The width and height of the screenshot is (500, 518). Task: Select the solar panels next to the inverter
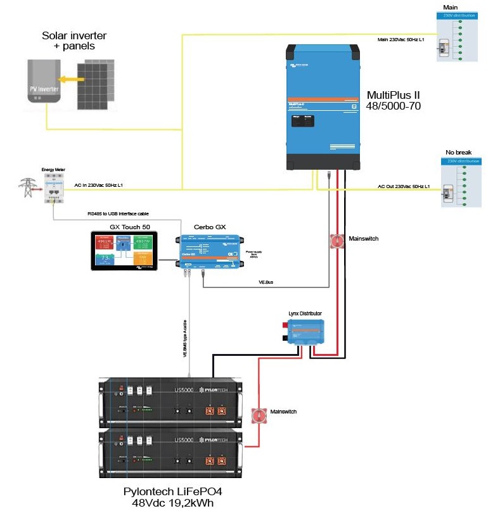pyautogui.click(x=98, y=84)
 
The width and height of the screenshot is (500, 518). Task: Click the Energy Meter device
pyautogui.click(x=54, y=187)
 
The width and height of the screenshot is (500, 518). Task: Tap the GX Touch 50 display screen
pyautogui.click(x=124, y=251)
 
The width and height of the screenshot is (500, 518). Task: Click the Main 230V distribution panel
pyautogui.click(x=457, y=37)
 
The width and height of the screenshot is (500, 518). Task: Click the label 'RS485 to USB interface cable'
pyautogui.click(x=119, y=214)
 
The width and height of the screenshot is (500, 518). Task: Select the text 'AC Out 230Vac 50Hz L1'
pyautogui.click(x=404, y=187)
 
